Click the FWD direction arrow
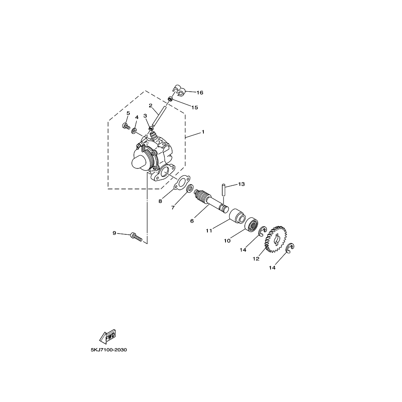coord(108,336)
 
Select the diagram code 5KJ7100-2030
coord(109,350)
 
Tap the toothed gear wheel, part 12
coord(276,239)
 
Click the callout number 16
coord(200,92)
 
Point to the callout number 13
coord(241,184)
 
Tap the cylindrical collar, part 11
coord(237,215)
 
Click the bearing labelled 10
coord(251,225)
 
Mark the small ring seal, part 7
coord(190,189)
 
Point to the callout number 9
coord(114,233)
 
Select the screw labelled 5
coord(126,126)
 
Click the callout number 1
coord(203,132)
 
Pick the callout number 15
coord(195,107)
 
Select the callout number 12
coord(256,259)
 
